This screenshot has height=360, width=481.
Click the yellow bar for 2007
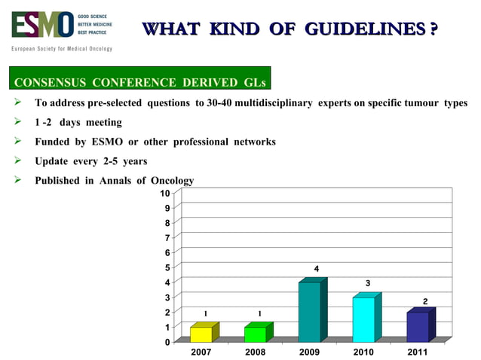(201, 334)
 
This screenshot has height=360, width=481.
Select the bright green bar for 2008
(256, 334)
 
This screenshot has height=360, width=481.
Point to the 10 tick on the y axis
(165, 194)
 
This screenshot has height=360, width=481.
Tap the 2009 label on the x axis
(309, 352)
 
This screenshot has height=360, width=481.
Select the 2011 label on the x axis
(417, 352)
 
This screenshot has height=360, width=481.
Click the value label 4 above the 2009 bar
(317, 269)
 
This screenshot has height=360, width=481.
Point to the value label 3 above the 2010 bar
(368, 283)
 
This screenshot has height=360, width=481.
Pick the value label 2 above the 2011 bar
(425, 301)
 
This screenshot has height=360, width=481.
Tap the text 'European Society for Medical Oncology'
(61, 49)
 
